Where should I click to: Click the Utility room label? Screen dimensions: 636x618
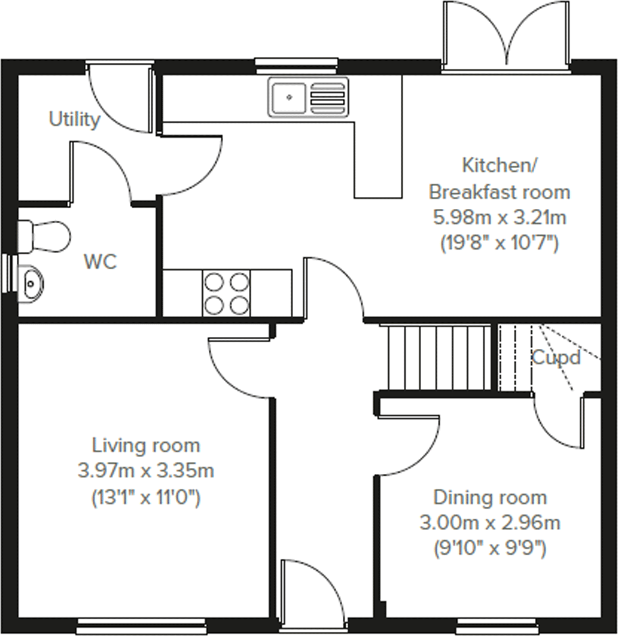pyautogui.click(x=75, y=119)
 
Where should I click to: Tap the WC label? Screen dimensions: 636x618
pyautogui.click(x=100, y=262)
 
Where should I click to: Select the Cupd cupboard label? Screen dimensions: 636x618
pyautogui.click(x=556, y=358)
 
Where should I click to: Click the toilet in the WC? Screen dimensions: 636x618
pyautogui.click(x=44, y=237)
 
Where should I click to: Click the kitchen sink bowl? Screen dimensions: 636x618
pyautogui.click(x=289, y=97)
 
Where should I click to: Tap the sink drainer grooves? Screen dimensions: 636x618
pyautogui.click(x=327, y=97)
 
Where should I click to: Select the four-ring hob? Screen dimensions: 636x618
pyautogui.click(x=226, y=294)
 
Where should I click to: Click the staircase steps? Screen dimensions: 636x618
pyautogui.click(x=436, y=358)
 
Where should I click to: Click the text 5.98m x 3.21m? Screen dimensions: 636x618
pyautogui.click(x=499, y=218)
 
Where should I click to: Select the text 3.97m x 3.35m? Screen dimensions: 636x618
pyautogui.click(x=146, y=471)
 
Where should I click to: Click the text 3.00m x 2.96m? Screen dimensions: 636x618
pyautogui.click(x=490, y=523)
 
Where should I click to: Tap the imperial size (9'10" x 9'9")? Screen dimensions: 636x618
pyautogui.click(x=490, y=549)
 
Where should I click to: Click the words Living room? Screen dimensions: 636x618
pyautogui.click(x=146, y=446)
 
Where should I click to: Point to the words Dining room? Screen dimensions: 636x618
pyautogui.click(x=490, y=498)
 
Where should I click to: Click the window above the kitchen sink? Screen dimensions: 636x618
pyautogui.click(x=296, y=66)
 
